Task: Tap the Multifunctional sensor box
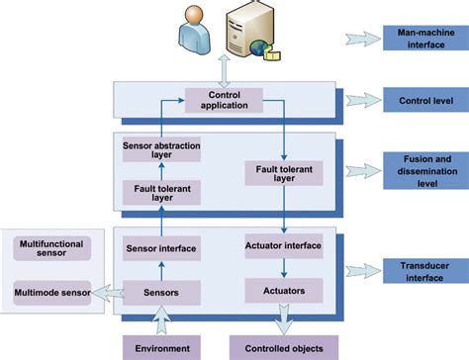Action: pos(51,247)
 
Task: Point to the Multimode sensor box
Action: pos(51,293)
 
